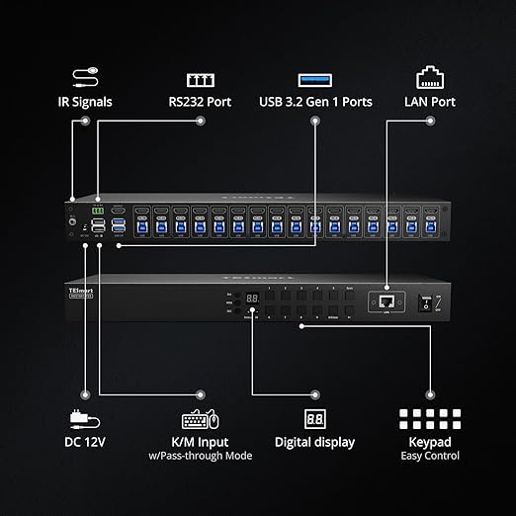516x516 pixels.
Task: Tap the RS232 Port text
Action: click(x=200, y=101)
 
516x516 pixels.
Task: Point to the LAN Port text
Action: click(x=430, y=101)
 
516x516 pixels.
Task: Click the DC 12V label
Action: click(x=84, y=442)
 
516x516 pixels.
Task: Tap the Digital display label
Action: click(x=314, y=442)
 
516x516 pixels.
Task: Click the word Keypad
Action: click(x=431, y=441)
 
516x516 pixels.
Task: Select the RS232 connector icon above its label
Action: click(x=200, y=78)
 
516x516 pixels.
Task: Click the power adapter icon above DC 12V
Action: click(x=81, y=417)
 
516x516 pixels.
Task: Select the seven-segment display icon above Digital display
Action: click(x=314, y=418)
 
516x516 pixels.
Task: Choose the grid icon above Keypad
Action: click(x=430, y=418)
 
